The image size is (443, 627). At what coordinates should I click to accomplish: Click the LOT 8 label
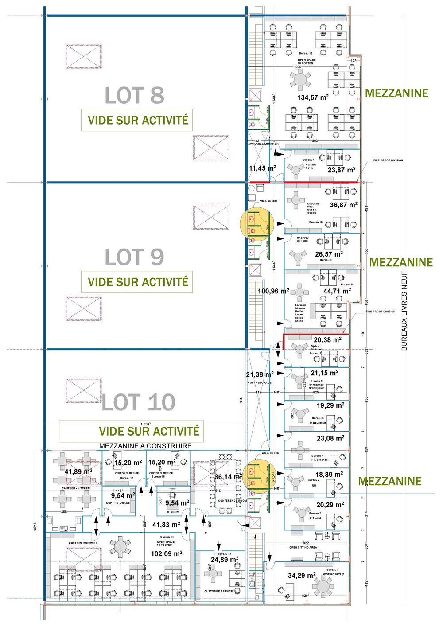134,96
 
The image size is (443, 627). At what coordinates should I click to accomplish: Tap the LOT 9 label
134,257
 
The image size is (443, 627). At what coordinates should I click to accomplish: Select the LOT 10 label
138,402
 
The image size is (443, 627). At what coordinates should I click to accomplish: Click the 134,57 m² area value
313,97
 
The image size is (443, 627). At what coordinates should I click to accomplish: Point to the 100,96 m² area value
273,292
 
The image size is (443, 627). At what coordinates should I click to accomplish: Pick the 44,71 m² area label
337,291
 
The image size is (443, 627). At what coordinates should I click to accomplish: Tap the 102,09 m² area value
167,553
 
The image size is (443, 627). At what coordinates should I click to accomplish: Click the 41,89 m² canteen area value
78,472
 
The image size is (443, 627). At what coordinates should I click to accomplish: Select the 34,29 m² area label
302,576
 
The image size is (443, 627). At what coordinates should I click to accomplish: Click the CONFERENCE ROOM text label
232,501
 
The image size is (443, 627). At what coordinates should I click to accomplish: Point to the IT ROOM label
173,512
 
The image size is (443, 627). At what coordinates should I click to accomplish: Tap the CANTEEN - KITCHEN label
76,488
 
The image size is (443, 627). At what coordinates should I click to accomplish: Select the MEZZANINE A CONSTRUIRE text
145,446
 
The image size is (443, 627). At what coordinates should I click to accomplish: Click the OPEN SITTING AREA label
303,548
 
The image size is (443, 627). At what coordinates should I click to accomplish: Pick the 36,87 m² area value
343,205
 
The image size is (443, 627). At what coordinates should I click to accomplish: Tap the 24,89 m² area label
225,560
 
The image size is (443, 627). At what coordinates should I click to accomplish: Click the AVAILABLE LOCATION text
263,144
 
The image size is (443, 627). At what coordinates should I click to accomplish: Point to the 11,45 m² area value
262,168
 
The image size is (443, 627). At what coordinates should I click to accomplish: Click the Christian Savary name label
333,574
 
